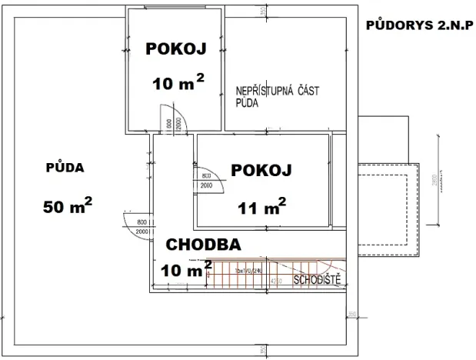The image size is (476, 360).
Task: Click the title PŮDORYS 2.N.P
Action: pos(420,25)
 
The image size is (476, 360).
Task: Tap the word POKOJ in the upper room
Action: pos(175,50)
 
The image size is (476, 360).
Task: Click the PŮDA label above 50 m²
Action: pos(65,167)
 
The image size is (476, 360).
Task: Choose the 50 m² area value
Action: pos(68,205)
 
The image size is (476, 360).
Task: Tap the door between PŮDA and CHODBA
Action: pos(138,226)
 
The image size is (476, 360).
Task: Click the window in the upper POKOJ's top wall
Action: pos(176,9)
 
